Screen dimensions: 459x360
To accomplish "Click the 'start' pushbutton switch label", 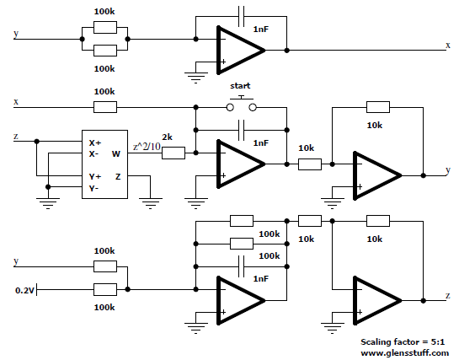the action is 240,86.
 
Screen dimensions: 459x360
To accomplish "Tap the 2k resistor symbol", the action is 173,153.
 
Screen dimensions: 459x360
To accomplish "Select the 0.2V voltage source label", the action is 24,291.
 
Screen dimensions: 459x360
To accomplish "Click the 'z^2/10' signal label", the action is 147,146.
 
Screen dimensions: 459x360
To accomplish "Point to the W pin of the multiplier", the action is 116,153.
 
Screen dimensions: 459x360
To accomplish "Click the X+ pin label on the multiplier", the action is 95,143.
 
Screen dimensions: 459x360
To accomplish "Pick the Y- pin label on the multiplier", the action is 93,188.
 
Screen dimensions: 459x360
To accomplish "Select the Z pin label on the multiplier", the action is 118,177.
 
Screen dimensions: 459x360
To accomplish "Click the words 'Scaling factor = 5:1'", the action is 403,341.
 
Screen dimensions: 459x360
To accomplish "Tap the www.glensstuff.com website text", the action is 404,353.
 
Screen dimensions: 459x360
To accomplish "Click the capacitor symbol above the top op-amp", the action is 241,16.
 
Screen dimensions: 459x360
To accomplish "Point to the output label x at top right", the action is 448,46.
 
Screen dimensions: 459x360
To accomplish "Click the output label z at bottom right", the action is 448,296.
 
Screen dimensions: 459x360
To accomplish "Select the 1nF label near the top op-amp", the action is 261,29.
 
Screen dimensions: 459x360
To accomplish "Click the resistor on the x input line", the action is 105,107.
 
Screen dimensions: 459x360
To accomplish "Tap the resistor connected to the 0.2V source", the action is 105,289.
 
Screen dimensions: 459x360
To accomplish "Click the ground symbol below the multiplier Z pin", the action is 151,203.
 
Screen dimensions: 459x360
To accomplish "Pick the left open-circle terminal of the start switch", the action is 230,108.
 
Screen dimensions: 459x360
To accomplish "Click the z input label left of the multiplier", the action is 16,137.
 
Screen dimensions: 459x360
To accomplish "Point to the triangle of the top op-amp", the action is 241,51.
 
